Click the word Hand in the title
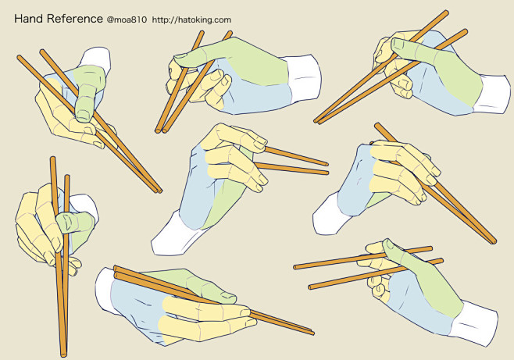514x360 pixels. pos(30,17)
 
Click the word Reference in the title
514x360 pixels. pos(74,17)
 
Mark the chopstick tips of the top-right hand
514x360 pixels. pos(319,120)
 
